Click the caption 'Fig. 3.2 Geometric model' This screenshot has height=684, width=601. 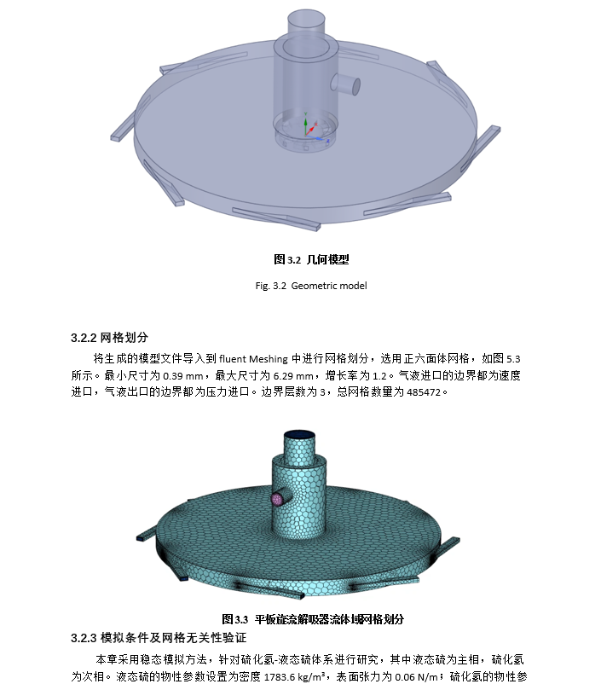311,286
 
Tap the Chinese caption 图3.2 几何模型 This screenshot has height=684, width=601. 311,259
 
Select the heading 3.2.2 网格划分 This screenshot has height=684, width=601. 109,337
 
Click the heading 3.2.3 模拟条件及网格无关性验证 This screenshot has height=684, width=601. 159,638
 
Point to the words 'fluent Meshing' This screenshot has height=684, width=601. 253,359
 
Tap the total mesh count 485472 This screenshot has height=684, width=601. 424,392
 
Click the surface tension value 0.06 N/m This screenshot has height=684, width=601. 416,676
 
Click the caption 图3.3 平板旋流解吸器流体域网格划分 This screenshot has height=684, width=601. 313,619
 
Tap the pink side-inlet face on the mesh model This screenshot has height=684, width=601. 277,499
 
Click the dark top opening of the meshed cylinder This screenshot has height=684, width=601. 299,435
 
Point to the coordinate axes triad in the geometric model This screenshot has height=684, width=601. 310,128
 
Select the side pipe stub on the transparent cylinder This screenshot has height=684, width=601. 345,84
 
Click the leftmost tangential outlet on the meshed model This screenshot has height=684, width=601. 146,535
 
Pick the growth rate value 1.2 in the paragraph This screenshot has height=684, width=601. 379,375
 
